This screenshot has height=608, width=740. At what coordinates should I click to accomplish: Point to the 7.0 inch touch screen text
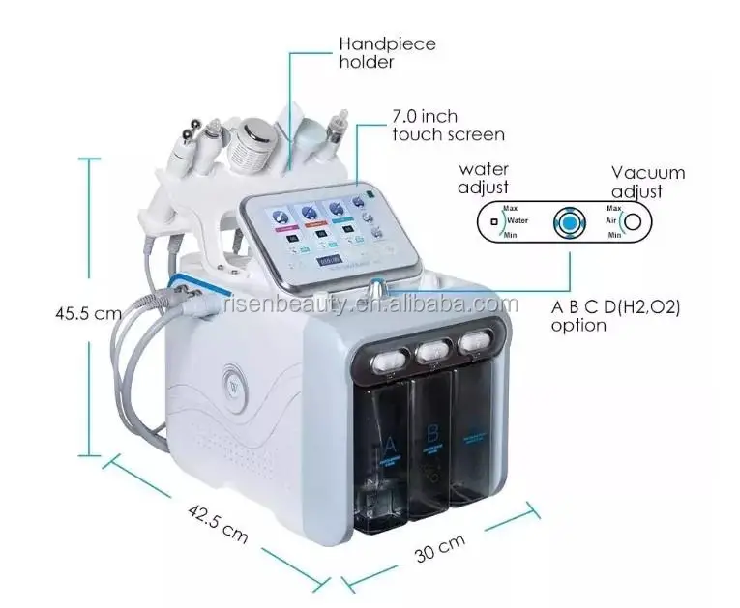click(447, 126)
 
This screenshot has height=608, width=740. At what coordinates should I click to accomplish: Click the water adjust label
click(484, 178)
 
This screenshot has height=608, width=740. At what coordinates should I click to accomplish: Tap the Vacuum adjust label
click(647, 182)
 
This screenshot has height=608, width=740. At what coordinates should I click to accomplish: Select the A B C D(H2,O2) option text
click(615, 316)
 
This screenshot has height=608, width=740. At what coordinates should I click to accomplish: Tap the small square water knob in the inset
click(494, 221)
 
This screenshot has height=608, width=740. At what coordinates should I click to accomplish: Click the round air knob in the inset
click(633, 221)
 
